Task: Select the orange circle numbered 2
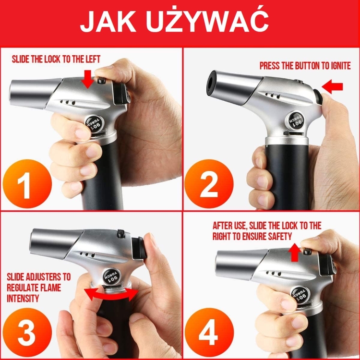tap(209, 185)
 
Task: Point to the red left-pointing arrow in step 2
tap(333, 86)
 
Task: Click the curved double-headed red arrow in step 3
tap(111, 294)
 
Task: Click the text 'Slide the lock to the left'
tap(56, 60)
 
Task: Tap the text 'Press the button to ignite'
tap(305, 66)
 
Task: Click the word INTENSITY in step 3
tap(23, 298)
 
